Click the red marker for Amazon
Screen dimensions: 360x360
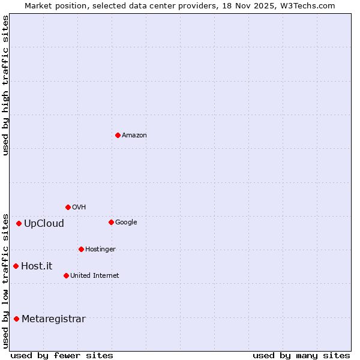coord(118,135)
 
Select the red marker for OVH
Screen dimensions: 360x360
coord(68,207)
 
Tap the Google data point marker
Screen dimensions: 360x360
coord(111,222)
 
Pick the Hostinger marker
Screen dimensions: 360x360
coord(81,249)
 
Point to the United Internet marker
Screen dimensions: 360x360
coord(66,275)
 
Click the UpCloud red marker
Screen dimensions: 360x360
coord(19,223)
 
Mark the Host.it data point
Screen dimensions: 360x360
coord(16,266)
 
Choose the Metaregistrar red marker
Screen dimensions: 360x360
coord(16,319)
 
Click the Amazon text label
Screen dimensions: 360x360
coord(134,136)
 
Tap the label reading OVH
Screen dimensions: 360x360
coord(79,208)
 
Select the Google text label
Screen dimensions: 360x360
coord(126,223)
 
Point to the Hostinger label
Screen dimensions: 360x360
coord(100,250)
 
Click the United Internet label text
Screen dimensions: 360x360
coord(94,276)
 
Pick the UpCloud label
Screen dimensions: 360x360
coord(44,224)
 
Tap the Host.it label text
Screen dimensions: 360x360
coord(37,266)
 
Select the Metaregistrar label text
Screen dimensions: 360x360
coord(53,319)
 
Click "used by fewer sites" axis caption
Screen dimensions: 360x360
coord(62,355)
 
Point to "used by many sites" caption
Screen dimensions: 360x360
coord(301,355)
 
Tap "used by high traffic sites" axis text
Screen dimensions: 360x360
coord(5,85)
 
